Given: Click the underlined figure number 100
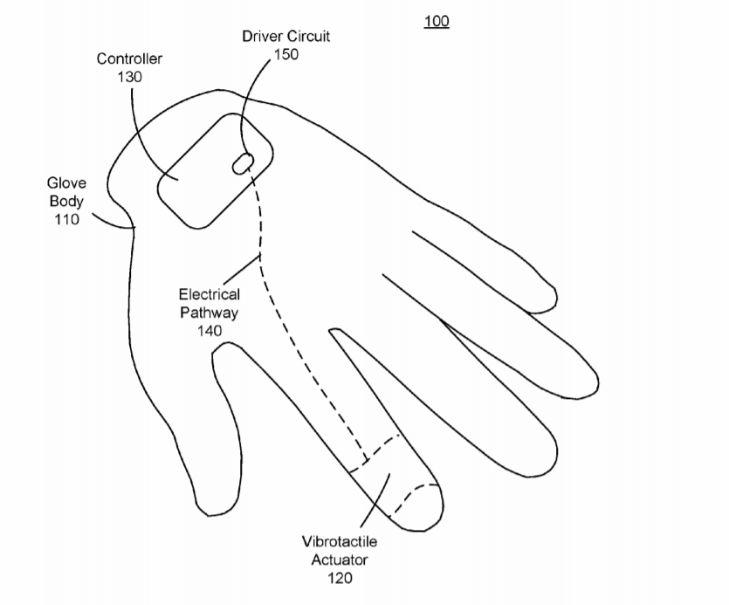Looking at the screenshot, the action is tap(437, 22).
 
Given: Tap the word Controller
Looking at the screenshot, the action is tap(129, 58).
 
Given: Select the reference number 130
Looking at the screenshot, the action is tap(129, 77).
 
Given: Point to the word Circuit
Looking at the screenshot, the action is tap(308, 36).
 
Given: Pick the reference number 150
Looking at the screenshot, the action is tap(286, 54).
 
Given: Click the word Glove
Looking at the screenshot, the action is tap(66, 182).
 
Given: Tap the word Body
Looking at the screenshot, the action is tap(66, 202).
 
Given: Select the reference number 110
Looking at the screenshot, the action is tap(66, 219).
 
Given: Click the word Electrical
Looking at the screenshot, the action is tap(210, 294).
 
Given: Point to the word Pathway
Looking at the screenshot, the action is tap(210, 313).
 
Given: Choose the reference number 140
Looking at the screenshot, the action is tap(210, 331).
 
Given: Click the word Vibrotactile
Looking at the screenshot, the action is tap(340, 541).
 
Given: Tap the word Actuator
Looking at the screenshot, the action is tap(340, 560).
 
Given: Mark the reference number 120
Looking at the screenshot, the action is tap(340, 578).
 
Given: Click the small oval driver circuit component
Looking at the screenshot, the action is tap(243, 163).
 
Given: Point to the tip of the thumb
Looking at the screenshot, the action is tap(215, 515).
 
